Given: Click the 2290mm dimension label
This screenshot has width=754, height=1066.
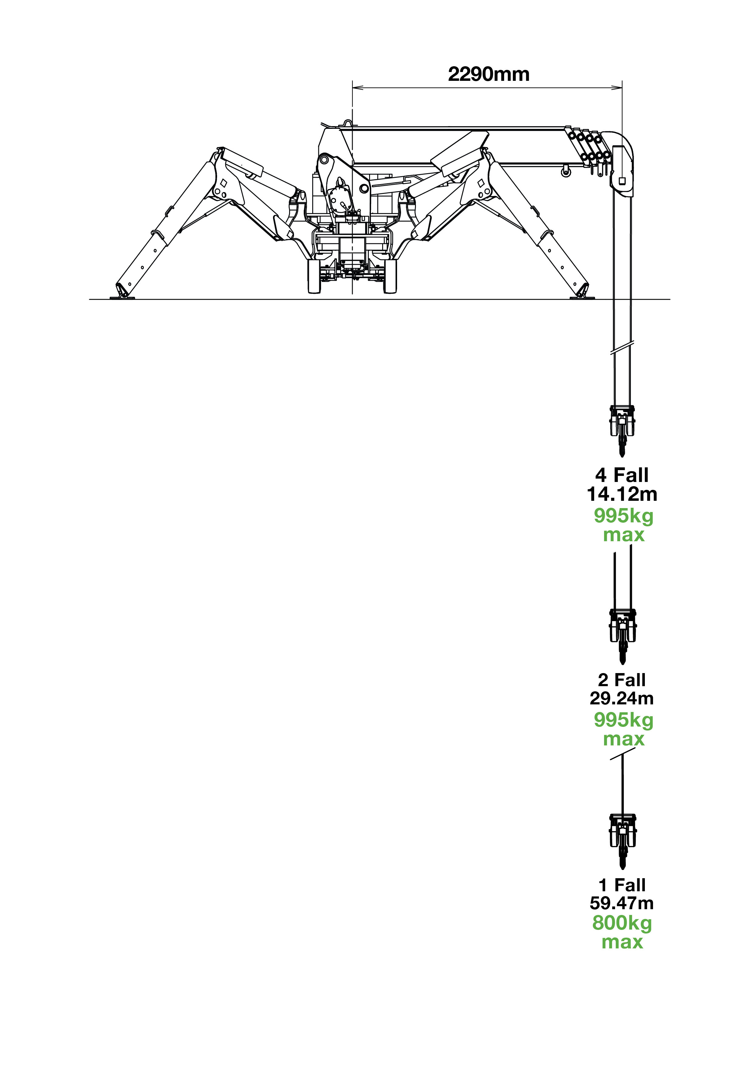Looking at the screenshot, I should tap(488, 74).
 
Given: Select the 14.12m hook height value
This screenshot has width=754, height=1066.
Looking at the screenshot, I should tap(622, 494).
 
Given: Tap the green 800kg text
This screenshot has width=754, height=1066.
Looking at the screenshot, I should tap(622, 923).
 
